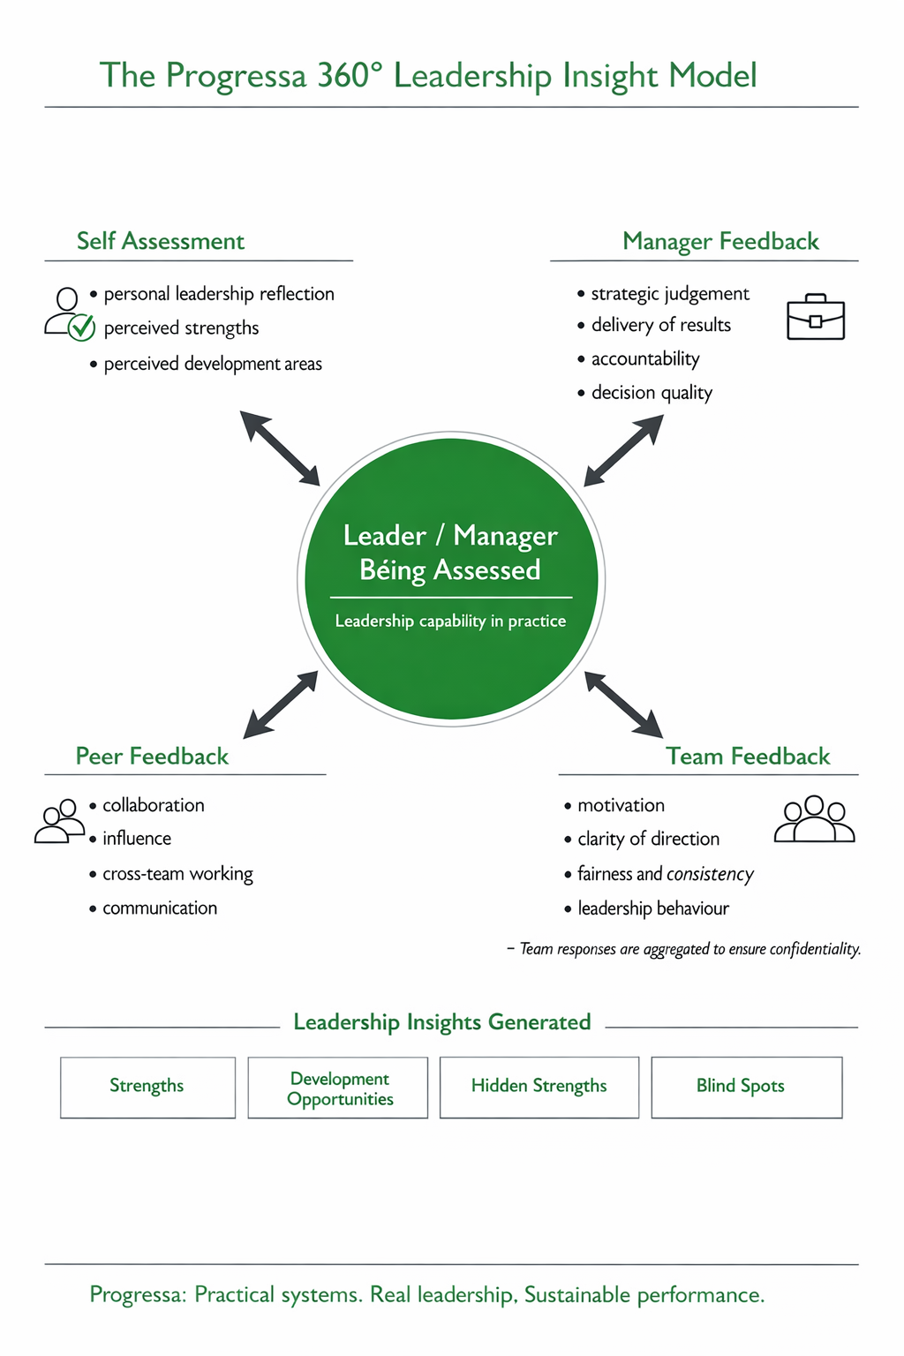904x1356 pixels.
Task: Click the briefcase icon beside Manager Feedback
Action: pos(815,318)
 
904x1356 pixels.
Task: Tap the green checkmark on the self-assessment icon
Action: pos(82,328)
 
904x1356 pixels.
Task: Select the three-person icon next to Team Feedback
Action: pos(814,819)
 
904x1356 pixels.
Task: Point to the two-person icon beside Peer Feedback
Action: pos(59,821)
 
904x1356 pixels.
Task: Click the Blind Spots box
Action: pos(746,1087)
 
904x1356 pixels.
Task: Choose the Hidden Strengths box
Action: pos(539,1087)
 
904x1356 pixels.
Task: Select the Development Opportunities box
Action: pos(338,1088)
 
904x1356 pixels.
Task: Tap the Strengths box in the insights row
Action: pos(147,1087)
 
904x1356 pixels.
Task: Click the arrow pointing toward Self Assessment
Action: pos(280,448)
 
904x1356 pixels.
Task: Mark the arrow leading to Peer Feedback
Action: pos(281,704)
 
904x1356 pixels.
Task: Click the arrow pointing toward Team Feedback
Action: pos(623,704)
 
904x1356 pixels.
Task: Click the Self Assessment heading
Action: pos(161,241)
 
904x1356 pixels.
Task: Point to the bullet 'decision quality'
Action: pos(652,393)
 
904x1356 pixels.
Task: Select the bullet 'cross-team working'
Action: pos(177,874)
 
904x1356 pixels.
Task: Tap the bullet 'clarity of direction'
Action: pos(648,839)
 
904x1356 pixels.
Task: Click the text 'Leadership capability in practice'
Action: pos(450,621)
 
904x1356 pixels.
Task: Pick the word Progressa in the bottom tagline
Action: pos(138,1295)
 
